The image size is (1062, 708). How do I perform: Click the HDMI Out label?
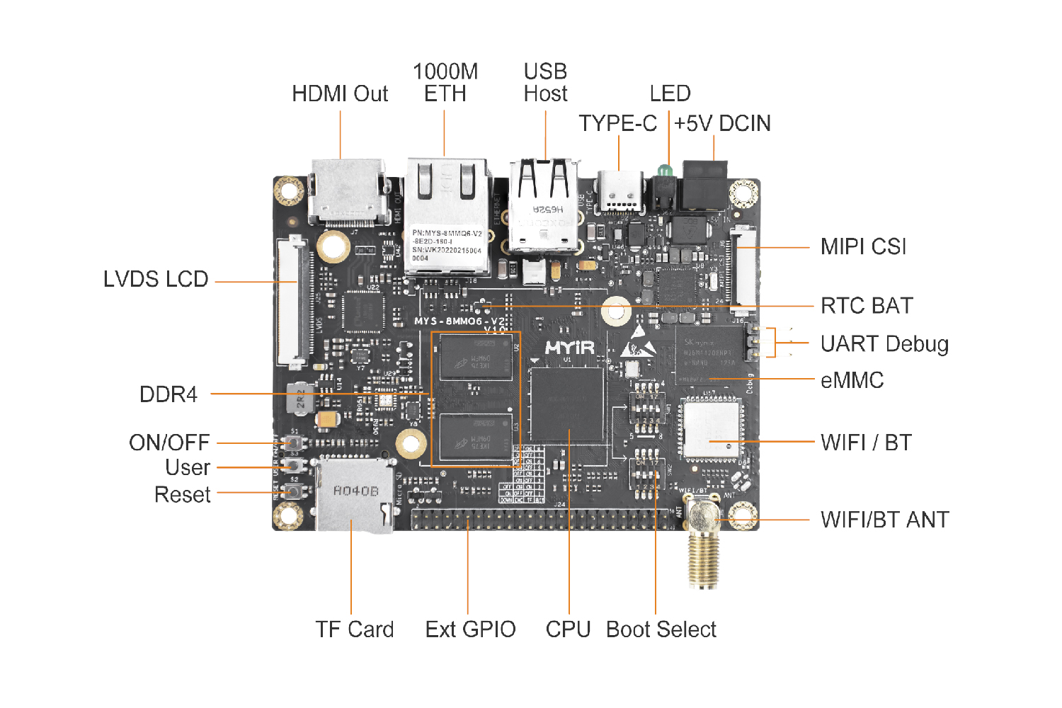coord(340,94)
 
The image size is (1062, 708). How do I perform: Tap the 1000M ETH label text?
coord(445,83)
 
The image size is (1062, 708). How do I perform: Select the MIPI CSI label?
coord(863,247)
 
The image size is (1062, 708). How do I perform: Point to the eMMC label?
coord(852,381)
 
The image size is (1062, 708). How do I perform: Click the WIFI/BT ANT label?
coord(884,520)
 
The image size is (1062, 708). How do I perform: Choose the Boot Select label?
coord(661,629)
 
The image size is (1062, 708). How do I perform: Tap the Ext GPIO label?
coord(470,629)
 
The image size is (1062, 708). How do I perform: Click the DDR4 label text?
coord(169,394)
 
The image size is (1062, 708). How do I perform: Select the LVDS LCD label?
coord(156,280)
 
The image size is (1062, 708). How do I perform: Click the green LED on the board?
coord(664,171)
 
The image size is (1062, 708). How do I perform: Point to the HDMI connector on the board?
coord(347,191)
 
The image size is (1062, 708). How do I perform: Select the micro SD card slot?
coord(355,496)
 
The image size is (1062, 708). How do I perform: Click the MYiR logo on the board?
coord(570,348)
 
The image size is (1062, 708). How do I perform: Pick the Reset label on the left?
coord(183,495)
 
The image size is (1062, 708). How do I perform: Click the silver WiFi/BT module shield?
coord(712,428)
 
